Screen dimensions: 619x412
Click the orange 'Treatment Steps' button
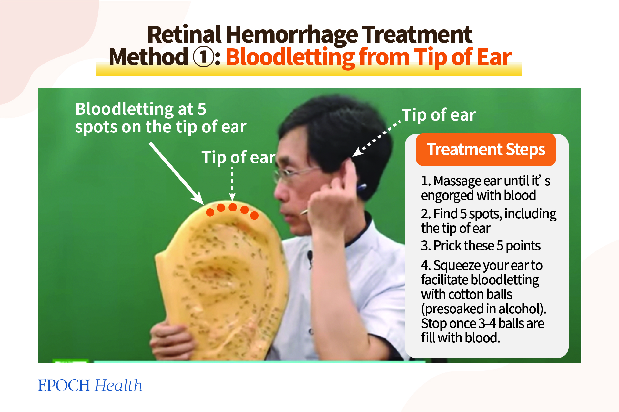click(x=486, y=150)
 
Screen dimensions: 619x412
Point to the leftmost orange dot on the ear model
click(x=210, y=212)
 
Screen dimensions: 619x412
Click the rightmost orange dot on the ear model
click(x=254, y=215)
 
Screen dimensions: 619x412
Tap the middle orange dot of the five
click(x=233, y=207)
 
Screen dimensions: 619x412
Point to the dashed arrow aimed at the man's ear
click(x=377, y=139)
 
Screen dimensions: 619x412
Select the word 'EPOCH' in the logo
click(x=64, y=386)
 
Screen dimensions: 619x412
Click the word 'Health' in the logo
click(x=119, y=386)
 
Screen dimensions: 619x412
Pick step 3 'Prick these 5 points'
click(x=481, y=246)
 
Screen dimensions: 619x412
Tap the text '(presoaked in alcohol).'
click(x=483, y=309)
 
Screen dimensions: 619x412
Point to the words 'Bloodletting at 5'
click(x=141, y=109)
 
